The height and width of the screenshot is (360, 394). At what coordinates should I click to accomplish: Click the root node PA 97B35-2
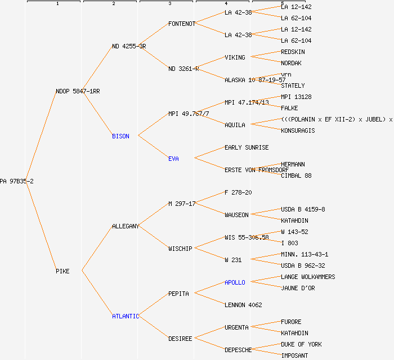tap(17, 181)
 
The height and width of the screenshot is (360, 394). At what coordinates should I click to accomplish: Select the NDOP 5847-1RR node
tap(78, 91)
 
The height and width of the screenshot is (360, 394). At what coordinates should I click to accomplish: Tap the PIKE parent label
tap(62, 271)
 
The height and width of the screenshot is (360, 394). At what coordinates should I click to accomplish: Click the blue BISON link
tap(120, 136)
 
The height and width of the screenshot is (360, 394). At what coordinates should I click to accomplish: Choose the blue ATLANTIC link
tap(125, 316)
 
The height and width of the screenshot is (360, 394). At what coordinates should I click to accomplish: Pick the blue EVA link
tap(173, 159)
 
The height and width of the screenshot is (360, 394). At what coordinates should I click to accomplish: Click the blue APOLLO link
tap(235, 282)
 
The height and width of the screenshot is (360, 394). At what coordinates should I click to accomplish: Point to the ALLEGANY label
tap(125, 226)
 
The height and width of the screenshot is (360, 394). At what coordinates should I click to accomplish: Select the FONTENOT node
tap(182, 24)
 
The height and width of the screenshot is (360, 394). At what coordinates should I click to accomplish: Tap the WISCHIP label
tap(180, 249)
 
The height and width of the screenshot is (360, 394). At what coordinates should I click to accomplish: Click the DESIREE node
tap(180, 339)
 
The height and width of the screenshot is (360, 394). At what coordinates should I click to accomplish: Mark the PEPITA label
tap(178, 294)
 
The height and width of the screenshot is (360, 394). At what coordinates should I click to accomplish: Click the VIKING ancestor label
tap(235, 57)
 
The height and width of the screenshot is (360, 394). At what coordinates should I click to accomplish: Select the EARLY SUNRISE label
tap(247, 147)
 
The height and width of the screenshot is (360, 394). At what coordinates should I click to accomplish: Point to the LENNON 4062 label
tap(243, 305)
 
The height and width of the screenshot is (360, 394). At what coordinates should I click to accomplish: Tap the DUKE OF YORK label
tap(302, 344)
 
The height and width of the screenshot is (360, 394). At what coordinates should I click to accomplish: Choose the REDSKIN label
tap(293, 52)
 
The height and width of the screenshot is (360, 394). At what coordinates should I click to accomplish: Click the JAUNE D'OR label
tap(298, 288)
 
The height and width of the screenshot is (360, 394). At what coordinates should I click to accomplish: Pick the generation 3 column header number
tap(169, 4)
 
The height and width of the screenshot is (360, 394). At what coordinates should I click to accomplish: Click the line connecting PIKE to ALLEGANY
tap(97, 249)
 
